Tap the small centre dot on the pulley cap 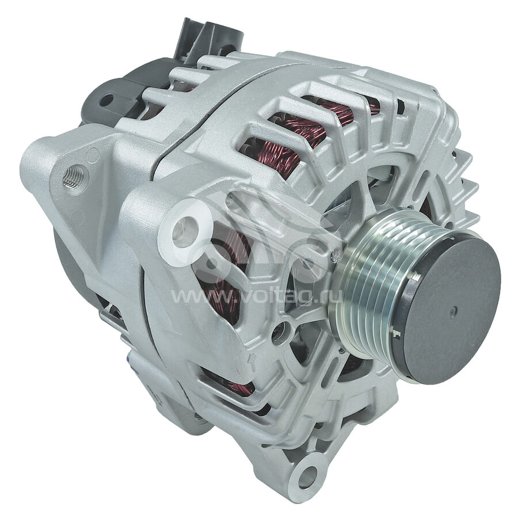454,311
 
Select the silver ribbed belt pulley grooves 370,284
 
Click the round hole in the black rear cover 106,100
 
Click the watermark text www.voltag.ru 256,296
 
